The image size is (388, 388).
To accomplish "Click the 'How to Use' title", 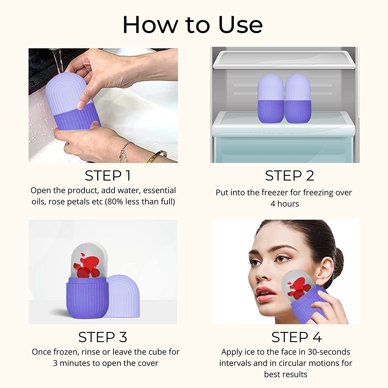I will [193, 25].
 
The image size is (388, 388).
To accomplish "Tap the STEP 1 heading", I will [108, 176].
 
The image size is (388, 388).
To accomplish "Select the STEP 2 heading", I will [289, 176].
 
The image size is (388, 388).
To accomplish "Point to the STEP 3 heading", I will [103, 337].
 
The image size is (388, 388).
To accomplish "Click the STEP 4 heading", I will [296, 337].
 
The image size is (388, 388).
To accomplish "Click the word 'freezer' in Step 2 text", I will [275, 193].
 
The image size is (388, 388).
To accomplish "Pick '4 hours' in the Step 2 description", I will [285, 204].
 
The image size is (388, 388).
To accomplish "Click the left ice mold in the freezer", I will [270, 99].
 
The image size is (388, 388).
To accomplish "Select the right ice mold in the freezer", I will [298, 99].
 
